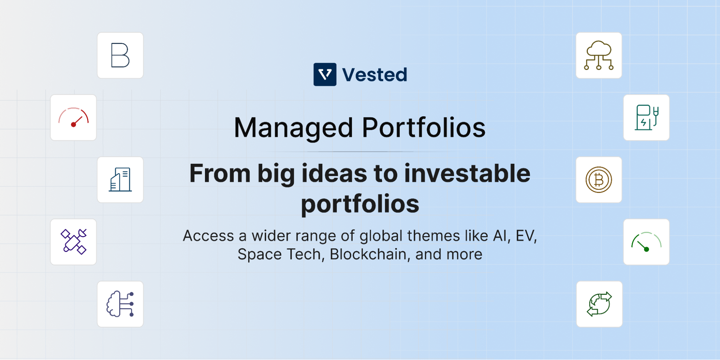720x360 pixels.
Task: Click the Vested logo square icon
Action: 325,75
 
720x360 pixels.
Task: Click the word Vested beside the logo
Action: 375,75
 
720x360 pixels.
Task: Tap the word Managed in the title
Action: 294,128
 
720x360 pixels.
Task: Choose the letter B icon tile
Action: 120,55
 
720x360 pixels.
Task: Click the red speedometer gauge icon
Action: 73,117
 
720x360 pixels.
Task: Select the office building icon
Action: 120,180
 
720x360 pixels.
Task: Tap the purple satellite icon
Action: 73,242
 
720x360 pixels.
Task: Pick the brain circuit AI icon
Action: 120,304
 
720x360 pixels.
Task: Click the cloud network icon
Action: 599,55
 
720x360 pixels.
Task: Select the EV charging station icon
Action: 646,117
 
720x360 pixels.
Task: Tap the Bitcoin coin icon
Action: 599,180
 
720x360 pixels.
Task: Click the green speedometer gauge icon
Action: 646,242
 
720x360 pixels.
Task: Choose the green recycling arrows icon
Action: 599,304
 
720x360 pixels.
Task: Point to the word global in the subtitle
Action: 381,237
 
